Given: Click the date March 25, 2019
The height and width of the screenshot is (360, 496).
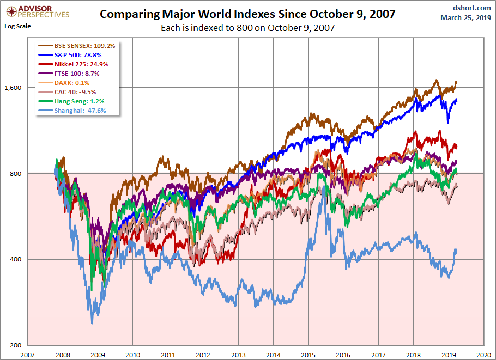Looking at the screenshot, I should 465,18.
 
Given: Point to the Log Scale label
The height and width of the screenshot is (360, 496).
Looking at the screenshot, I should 17,26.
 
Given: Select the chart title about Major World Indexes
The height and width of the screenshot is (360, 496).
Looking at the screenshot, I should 247,14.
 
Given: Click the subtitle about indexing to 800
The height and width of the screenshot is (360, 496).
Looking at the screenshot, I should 247,27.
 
